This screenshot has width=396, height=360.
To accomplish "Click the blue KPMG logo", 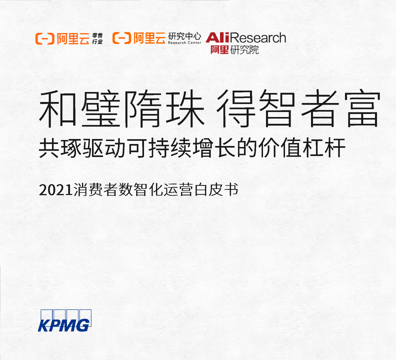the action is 65,321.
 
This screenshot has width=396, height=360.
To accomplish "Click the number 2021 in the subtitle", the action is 56,190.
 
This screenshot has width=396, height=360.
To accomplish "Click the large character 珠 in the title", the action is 185,108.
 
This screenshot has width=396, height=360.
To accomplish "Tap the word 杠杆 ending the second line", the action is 324,148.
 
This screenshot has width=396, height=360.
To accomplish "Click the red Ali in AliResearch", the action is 217,38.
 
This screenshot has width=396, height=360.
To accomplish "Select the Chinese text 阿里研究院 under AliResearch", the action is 235,50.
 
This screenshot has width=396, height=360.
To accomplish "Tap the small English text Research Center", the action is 184,43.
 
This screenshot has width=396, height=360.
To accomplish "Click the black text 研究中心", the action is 185,36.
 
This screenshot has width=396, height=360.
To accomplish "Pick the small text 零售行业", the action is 97,38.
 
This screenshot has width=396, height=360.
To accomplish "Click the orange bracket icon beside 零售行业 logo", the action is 45,39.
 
